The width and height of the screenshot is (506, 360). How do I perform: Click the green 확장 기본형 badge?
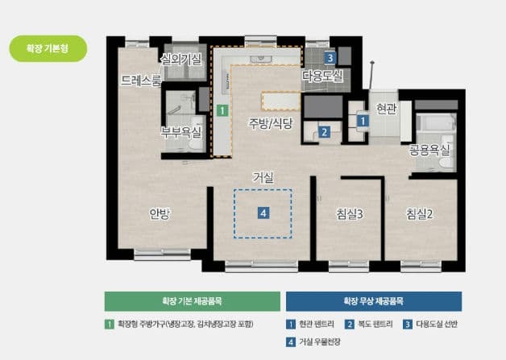[48, 48]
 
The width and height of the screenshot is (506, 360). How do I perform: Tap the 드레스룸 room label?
[140, 81]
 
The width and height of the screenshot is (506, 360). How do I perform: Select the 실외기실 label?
[181, 59]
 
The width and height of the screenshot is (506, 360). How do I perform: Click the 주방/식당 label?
[270, 123]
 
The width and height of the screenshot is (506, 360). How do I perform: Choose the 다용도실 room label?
[322, 76]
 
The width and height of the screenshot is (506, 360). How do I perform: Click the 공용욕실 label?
[431, 150]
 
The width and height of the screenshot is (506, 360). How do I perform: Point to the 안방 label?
[160, 213]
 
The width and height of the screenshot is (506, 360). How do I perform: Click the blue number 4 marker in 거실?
[263, 213]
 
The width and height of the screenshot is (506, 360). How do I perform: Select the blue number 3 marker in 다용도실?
[330, 58]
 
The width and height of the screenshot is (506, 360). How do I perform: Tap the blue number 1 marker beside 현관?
[363, 121]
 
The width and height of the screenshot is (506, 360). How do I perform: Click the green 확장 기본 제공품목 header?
[190, 301]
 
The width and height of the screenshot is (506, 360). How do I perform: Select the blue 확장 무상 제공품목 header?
[374, 301]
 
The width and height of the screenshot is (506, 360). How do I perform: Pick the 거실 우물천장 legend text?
[320, 342]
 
